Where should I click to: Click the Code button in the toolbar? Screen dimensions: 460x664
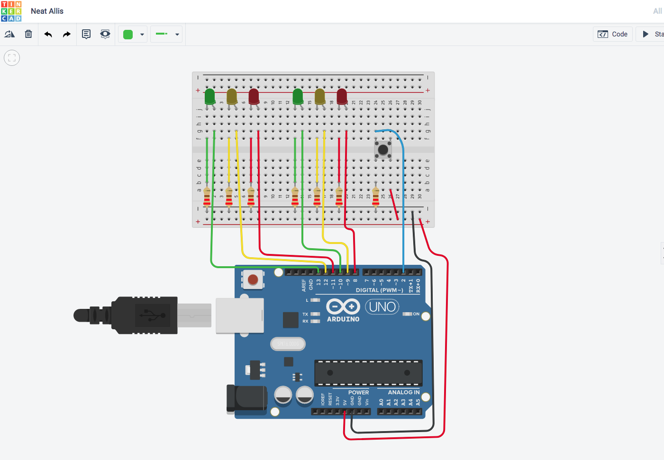[x=613, y=34]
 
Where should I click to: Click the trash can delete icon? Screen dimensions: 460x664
[x=28, y=34]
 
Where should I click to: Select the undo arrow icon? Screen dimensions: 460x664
[x=48, y=34]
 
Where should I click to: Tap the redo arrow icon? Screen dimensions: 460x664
[x=67, y=34]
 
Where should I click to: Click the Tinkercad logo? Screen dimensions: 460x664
[x=11, y=11]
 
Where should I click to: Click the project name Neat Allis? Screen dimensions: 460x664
[x=47, y=11]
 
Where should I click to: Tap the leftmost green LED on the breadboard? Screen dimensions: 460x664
[x=209, y=96]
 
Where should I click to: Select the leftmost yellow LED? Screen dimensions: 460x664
[x=232, y=96]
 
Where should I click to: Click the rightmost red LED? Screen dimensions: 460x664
[x=342, y=96]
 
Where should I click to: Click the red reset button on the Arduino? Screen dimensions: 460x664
[x=253, y=280]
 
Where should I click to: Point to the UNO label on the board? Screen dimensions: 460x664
[x=382, y=307]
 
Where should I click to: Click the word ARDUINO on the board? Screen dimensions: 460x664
[x=343, y=319]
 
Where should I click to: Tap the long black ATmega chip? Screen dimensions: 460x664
[x=368, y=373]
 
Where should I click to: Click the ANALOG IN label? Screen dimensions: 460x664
[x=403, y=392]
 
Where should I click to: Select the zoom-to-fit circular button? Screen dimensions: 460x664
[x=12, y=58]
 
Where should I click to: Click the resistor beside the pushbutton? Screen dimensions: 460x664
[x=376, y=196]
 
